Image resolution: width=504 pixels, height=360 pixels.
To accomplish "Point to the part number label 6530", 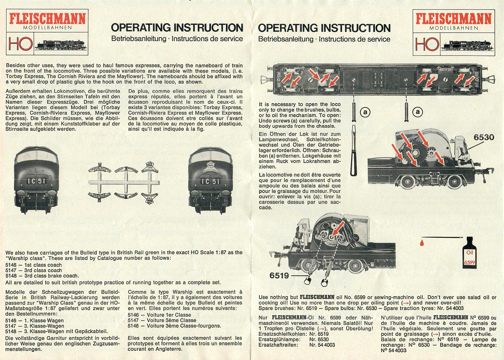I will [484, 137].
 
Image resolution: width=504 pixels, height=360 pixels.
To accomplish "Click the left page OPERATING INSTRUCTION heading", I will [177, 28].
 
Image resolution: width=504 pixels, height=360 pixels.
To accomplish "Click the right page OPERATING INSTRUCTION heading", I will [324, 28].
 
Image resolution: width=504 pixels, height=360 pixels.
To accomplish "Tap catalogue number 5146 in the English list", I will [11, 265].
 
